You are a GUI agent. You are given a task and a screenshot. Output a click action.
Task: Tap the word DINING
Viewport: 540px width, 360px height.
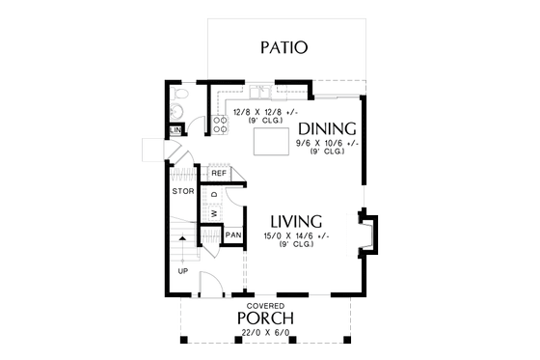coord(327,128)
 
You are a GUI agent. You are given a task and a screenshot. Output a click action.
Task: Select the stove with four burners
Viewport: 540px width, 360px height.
coord(219,123)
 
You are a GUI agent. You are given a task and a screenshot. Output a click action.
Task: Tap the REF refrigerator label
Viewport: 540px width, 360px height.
coord(218,173)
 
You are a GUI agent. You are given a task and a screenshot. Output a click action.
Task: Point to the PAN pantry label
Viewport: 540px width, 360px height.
coord(232,235)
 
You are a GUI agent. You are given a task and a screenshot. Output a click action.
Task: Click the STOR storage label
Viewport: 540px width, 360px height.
coord(183,192)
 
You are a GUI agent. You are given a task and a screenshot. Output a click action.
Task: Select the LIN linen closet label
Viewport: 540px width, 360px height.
coord(176,130)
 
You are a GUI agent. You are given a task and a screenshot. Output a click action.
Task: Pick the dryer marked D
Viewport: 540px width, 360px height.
coord(213,194)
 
